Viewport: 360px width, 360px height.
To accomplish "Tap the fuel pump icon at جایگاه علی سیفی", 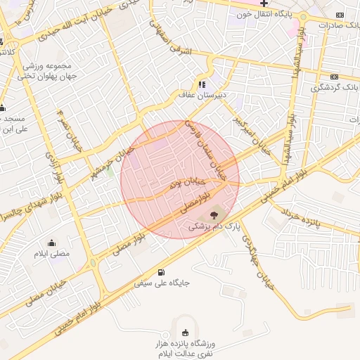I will (x=163, y=272).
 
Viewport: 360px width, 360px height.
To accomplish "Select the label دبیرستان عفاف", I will (x=202, y=94).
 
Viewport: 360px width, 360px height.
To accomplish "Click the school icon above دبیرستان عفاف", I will (x=202, y=82).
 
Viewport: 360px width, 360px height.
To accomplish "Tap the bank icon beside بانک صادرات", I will (x=340, y=15).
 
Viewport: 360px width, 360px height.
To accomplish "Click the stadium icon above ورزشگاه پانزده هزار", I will (x=185, y=333).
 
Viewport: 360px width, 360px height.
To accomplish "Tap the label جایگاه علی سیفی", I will (x=167, y=283).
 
